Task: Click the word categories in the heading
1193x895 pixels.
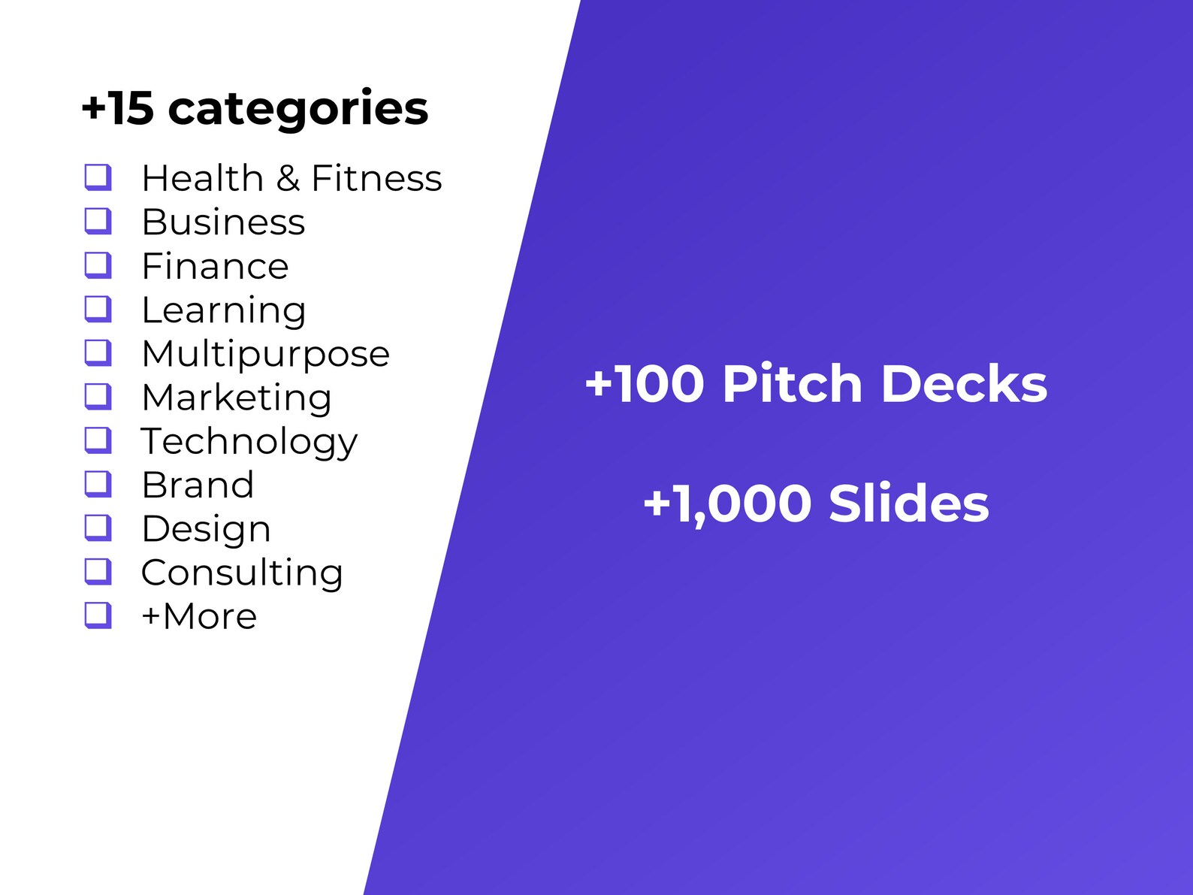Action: click(298, 110)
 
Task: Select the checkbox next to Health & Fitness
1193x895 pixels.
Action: click(98, 177)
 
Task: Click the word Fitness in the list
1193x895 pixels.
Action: click(376, 179)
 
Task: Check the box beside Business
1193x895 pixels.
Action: click(98, 221)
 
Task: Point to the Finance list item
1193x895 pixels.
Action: click(215, 266)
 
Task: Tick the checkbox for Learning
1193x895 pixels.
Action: click(98, 309)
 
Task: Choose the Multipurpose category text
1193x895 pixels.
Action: click(265, 354)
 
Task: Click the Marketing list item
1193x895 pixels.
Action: click(236, 398)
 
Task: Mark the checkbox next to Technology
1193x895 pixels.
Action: click(98, 440)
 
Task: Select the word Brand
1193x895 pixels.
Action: click(198, 485)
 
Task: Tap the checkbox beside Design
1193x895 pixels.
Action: click(98, 528)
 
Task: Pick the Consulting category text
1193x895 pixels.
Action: click(242, 573)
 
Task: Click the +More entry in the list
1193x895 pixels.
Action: click(199, 616)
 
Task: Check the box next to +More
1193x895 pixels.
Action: click(98, 615)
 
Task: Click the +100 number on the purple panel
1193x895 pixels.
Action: click(645, 384)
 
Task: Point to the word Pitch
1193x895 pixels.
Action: click(792, 384)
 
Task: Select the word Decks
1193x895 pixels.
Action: click(964, 384)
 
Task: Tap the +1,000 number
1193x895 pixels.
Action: click(727, 503)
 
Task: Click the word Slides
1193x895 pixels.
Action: click(908, 503)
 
